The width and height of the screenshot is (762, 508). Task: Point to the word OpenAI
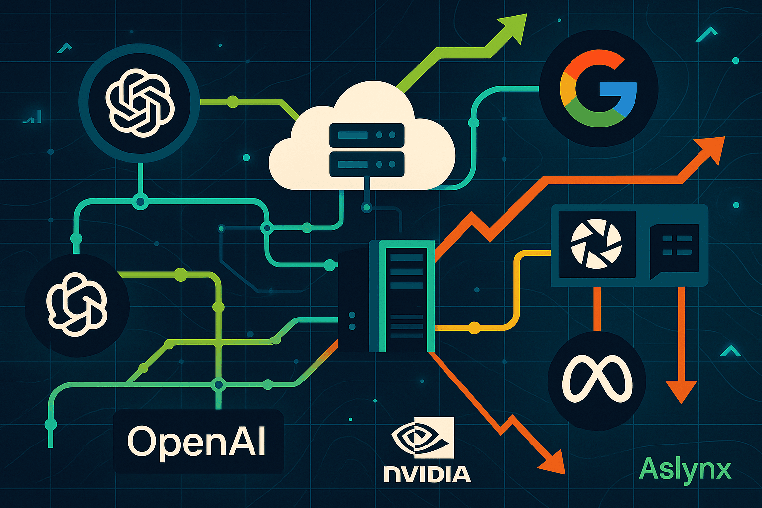197,441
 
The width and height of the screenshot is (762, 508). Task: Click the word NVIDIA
427,474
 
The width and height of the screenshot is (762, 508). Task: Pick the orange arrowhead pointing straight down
681,389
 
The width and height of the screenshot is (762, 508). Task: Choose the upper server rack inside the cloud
367,134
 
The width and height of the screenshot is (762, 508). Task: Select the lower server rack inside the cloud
367,164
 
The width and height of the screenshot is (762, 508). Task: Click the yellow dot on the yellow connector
474,328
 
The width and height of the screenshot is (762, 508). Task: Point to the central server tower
386,296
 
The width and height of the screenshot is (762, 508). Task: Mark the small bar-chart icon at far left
33,118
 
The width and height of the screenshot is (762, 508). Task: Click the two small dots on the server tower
352,320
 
